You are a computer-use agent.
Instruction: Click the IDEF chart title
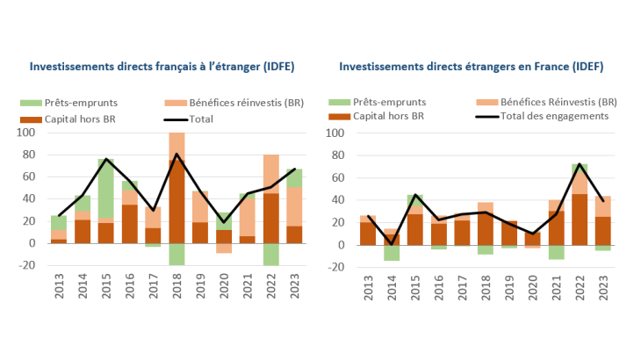pos(471,66)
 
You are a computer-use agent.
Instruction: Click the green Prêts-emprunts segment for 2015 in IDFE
pos(105,188)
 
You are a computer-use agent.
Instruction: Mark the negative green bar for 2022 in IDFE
pos(270,254)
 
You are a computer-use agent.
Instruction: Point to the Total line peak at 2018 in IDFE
pos(176,154)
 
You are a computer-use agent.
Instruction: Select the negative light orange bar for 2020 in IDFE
pos(224,248)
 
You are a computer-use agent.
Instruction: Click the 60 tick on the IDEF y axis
pos(335,177)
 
